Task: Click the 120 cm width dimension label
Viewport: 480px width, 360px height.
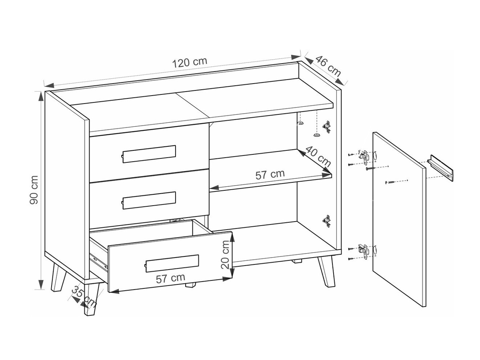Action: click(x=190, y=62)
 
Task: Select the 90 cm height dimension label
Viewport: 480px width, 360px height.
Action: click(x=34, y=190)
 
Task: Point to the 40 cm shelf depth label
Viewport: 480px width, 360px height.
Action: click(x=318, y=156)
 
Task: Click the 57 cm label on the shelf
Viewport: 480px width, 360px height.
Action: click(x=270, y=174)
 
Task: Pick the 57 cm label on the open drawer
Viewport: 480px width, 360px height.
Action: click(x=170, y=278)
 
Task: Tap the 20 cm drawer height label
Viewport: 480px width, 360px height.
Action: click(x=225, y=254)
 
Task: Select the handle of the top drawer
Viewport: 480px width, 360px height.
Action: click(x=149, y=154)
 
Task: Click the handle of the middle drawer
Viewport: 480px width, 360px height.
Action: click(x=149, y=200)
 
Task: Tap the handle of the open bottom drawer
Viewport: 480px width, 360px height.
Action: click(x=172, y=263)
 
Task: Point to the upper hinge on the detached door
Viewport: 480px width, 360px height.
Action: click(x=364, y=157)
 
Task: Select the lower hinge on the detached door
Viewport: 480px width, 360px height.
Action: click(x=364, y=251)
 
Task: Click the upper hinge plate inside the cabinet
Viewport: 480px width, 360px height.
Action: click(x=326, y=126)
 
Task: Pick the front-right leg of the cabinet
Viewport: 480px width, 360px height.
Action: click(x=326, y=271)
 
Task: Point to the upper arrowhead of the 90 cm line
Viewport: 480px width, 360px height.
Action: click(x=41, y=96)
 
